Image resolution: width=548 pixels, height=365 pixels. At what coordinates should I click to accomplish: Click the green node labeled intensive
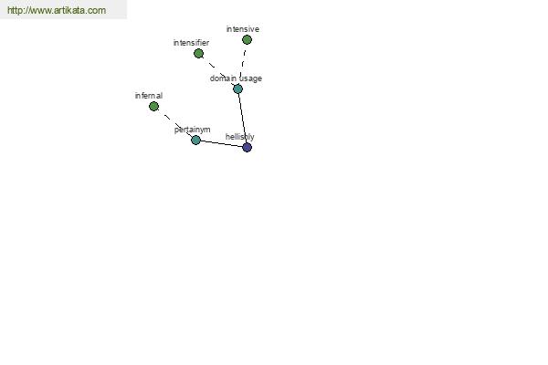click(247, 40)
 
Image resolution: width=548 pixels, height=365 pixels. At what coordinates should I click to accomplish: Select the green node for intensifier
click(198, 54)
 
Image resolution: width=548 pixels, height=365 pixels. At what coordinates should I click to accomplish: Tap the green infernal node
click(153, 106)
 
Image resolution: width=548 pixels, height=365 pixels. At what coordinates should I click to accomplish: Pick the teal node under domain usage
click(237, 89)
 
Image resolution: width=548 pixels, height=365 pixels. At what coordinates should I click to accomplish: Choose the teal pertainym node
click(195, 140)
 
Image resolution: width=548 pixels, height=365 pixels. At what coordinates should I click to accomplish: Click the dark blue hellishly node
click(248, 148)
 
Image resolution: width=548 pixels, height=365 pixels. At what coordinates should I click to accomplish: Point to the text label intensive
click(243, 29)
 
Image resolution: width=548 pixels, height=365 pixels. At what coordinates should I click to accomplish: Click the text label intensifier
click(191, 43)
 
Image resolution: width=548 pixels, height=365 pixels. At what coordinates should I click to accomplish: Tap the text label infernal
click(149, 95)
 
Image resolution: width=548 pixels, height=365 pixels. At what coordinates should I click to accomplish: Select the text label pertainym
click(192, 130)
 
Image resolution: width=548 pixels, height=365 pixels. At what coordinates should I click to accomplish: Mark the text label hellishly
click(239, 137)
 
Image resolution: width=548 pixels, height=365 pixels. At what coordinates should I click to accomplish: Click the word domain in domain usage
click(223, 78)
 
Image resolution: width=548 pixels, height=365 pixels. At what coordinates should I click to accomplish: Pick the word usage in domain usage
click(250, 79)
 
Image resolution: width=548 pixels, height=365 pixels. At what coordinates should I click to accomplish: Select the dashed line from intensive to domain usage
click(242, 64)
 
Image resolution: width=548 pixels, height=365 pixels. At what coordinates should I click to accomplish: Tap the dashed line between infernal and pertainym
click(174, 123)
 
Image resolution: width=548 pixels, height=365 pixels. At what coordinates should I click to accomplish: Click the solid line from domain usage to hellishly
click(243, 118)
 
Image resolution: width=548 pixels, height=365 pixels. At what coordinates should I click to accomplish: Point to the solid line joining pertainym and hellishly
click(222, 144)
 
